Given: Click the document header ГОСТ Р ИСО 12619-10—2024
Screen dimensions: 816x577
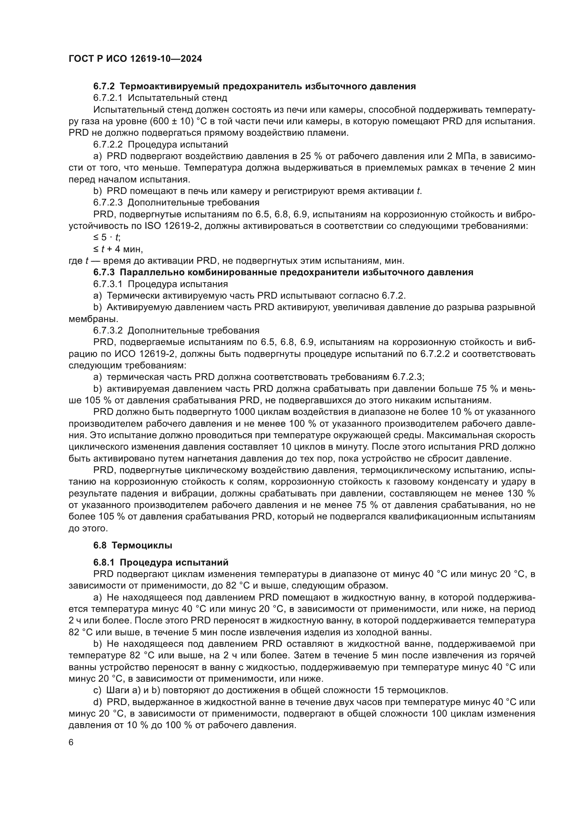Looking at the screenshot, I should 135,59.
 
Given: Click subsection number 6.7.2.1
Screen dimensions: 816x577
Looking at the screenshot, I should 108,97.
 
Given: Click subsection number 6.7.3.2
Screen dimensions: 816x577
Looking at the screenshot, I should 108,330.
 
